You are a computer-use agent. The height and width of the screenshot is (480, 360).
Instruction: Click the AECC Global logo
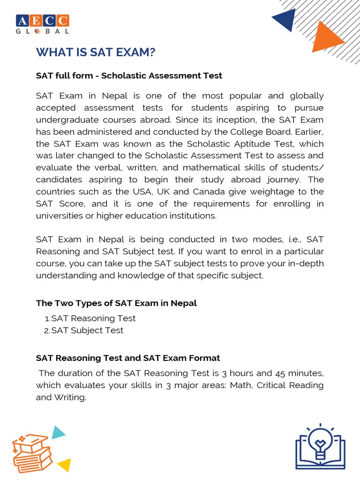click(x=43, y=24)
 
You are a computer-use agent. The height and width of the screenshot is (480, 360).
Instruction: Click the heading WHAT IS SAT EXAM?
click(x=96, y=53)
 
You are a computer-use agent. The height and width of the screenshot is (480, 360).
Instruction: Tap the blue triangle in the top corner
click(x=285, y=21)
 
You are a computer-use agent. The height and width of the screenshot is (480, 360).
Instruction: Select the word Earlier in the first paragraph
click(x=307, y=132)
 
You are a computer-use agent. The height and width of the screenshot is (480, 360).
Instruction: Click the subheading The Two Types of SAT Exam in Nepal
click(x=116, y=303)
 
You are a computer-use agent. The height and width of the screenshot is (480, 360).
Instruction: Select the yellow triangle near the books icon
click(x=64, y=465)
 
